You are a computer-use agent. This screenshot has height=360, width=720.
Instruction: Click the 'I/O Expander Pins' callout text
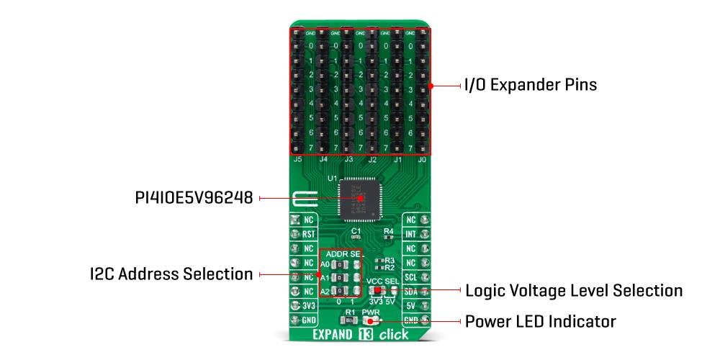(x=530, y=85)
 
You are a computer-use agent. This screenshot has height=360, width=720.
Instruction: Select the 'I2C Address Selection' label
(x=171, y=274)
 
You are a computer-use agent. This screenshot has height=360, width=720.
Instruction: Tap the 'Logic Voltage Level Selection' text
(x=574, y=290)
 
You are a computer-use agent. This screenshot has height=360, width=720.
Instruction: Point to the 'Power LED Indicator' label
(x=541, y=320)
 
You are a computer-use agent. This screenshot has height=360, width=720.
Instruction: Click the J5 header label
(x=298, y=159)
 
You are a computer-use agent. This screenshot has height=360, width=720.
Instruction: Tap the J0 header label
(x=422, y=159)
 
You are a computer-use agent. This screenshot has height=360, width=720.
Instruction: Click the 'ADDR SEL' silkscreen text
(x=343, y=254)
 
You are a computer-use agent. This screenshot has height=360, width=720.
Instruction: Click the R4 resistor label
(x=389, y=231)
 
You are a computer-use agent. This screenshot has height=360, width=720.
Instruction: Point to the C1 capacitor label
(x=356, y=230)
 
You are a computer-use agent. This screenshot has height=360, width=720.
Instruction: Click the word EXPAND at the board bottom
(x=338, y=335)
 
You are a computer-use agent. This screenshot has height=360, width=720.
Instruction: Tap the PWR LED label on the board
(x=372, y=312)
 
